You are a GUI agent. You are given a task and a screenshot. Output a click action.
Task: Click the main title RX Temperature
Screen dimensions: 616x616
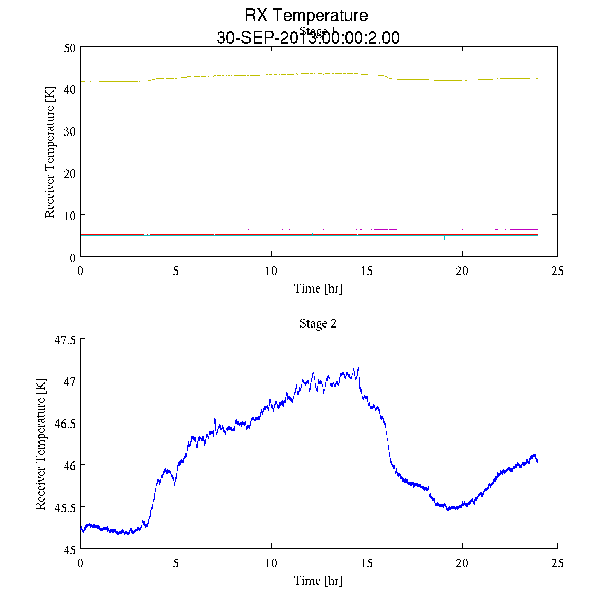pos(306,15)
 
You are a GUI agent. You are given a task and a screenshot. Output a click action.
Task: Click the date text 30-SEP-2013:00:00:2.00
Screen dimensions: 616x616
pos(308,38)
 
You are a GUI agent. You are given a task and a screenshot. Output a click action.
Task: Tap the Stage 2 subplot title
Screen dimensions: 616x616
pos(318,323)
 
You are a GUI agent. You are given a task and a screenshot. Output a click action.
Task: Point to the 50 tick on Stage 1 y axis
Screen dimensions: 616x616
pos(70,47)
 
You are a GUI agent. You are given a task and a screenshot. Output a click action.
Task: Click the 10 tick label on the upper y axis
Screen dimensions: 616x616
pos(70,215)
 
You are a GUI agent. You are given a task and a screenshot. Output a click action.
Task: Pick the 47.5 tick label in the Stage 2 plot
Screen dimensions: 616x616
pos(65,340)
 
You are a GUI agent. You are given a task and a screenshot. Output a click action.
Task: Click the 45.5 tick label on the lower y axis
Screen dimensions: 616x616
pos(65,508)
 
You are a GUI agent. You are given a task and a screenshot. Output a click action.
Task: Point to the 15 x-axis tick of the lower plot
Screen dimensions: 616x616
pos(367,563)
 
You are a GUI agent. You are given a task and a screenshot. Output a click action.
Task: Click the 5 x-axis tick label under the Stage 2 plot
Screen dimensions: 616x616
pos(176,563)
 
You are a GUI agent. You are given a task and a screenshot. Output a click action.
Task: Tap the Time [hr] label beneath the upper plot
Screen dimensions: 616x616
pos(318,288)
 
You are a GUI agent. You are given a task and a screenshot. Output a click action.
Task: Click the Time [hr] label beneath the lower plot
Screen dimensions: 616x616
pos(318,581)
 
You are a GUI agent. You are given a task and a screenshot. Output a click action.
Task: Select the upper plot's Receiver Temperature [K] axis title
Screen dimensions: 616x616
pos(50,152)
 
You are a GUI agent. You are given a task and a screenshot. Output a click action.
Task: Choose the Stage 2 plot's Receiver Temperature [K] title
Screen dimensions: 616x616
pos(41,444)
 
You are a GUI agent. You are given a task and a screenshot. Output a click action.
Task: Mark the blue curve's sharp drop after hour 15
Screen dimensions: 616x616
pos(388,441)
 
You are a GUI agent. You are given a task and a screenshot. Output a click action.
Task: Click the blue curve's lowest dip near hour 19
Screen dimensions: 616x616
pos(448,509)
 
